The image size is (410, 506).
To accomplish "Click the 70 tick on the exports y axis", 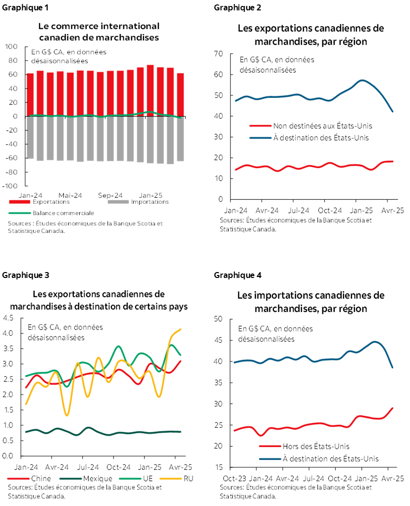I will click(219, 53).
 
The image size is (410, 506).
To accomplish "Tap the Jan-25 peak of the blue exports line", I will click(363, 80).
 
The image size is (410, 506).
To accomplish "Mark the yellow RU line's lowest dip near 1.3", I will click(67, 415).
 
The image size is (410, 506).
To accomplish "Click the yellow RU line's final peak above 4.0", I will click(180, 329).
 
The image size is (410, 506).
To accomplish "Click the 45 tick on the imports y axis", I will click(219, 340).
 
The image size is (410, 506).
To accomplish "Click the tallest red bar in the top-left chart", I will click(150, 89).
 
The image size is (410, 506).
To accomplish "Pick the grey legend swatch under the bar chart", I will click(118, 201).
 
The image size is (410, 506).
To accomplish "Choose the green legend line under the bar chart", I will click(20, 213).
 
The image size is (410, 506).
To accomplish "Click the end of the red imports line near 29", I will click(393, 408).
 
